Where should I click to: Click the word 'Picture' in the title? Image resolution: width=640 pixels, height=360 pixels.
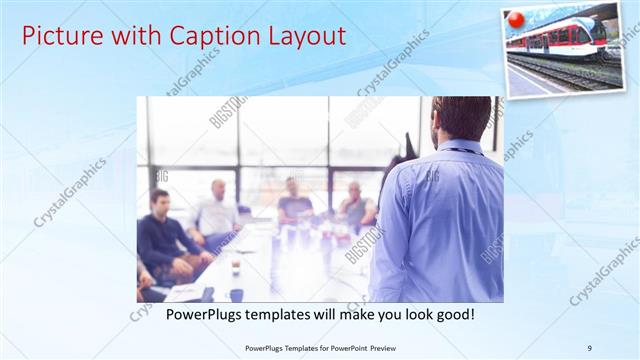coord(59,37)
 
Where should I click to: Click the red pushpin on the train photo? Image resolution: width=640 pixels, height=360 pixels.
coord(516,19)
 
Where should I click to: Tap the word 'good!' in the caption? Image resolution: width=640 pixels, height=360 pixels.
coord(452,315)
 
